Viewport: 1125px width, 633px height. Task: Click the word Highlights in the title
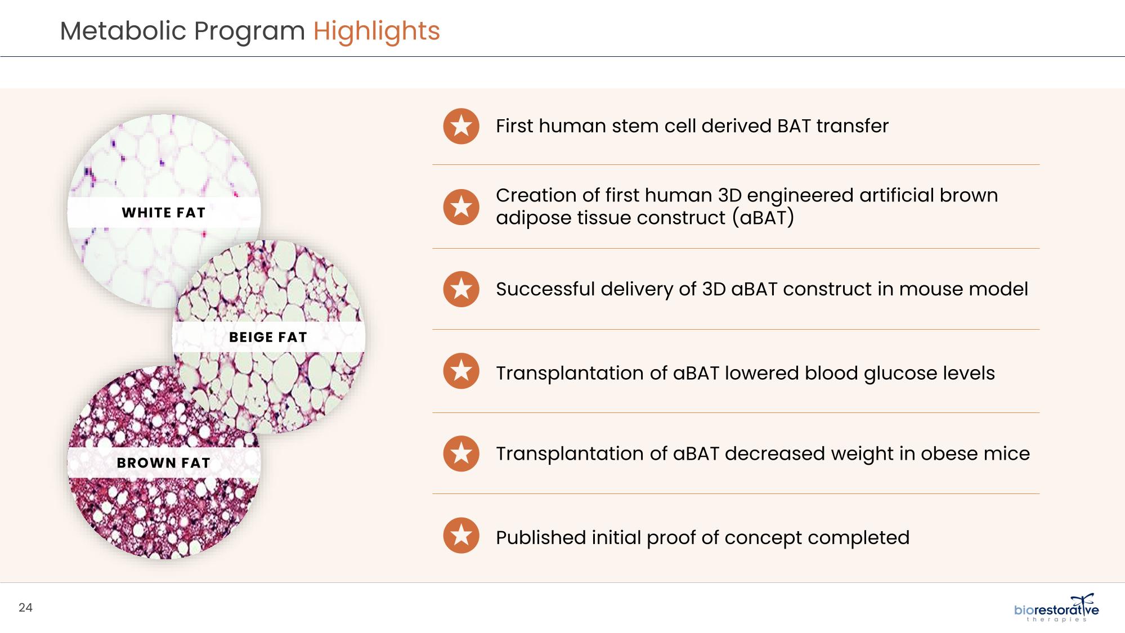[377, 32]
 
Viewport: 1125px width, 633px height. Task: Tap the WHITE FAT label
[164, 213]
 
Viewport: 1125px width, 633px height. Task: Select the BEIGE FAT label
[268, 337]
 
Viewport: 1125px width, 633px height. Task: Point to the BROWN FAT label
[164, 463]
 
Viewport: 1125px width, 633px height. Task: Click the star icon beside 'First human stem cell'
[461, 126]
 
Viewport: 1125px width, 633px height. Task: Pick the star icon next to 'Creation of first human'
[461, 206]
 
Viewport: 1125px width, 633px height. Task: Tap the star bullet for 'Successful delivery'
[461, 289]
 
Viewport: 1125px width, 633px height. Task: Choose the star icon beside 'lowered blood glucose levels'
[461, 371]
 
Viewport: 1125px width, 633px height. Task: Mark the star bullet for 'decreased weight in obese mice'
[461, 453]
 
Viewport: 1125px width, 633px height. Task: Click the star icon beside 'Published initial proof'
[461, 535]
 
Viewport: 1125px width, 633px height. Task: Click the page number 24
[25, 608]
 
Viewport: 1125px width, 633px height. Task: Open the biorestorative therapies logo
[1056, 608]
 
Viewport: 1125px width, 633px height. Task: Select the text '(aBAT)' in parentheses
[763, 218]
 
